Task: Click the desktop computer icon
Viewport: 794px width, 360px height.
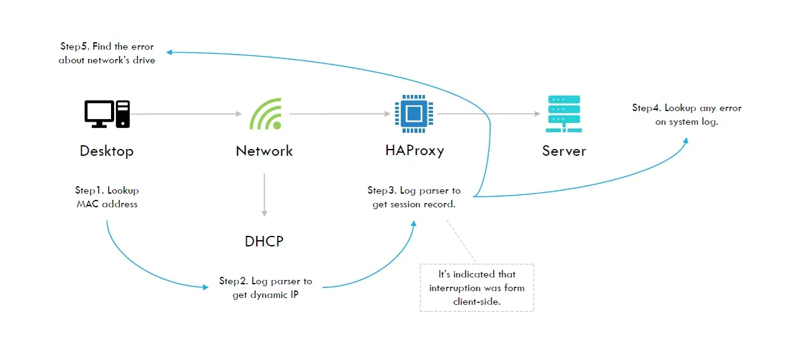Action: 107,114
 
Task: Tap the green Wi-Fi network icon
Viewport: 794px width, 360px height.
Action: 265,114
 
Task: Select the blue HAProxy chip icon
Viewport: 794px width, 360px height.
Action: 414,114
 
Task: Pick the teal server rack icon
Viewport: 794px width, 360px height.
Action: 564,114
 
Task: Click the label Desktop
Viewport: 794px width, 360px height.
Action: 107,151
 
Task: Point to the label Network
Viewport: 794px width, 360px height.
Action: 264,151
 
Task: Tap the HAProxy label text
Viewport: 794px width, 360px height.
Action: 414,150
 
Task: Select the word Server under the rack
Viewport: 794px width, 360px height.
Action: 564,151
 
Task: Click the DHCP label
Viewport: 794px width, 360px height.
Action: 264,241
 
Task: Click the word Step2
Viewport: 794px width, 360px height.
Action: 234,281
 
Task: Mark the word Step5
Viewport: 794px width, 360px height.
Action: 75,47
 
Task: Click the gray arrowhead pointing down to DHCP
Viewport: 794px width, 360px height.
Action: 264,213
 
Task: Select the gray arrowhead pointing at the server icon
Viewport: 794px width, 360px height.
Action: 537,114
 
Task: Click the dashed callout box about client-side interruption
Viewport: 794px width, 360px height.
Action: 476,287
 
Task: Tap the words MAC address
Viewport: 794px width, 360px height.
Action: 107,204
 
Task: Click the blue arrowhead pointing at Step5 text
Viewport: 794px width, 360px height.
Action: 169,53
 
